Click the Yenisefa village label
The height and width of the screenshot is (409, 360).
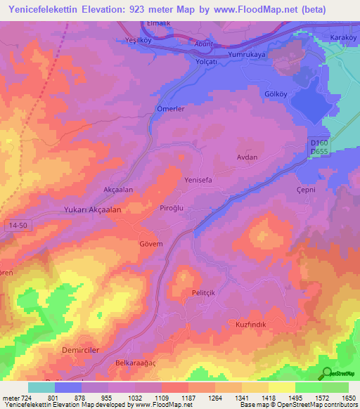tap(198, 180)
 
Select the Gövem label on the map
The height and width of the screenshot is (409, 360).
tap(151, 244)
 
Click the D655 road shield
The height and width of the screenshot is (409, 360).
tap(321, 152)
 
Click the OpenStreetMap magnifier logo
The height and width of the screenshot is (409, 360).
tap(328, 374)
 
